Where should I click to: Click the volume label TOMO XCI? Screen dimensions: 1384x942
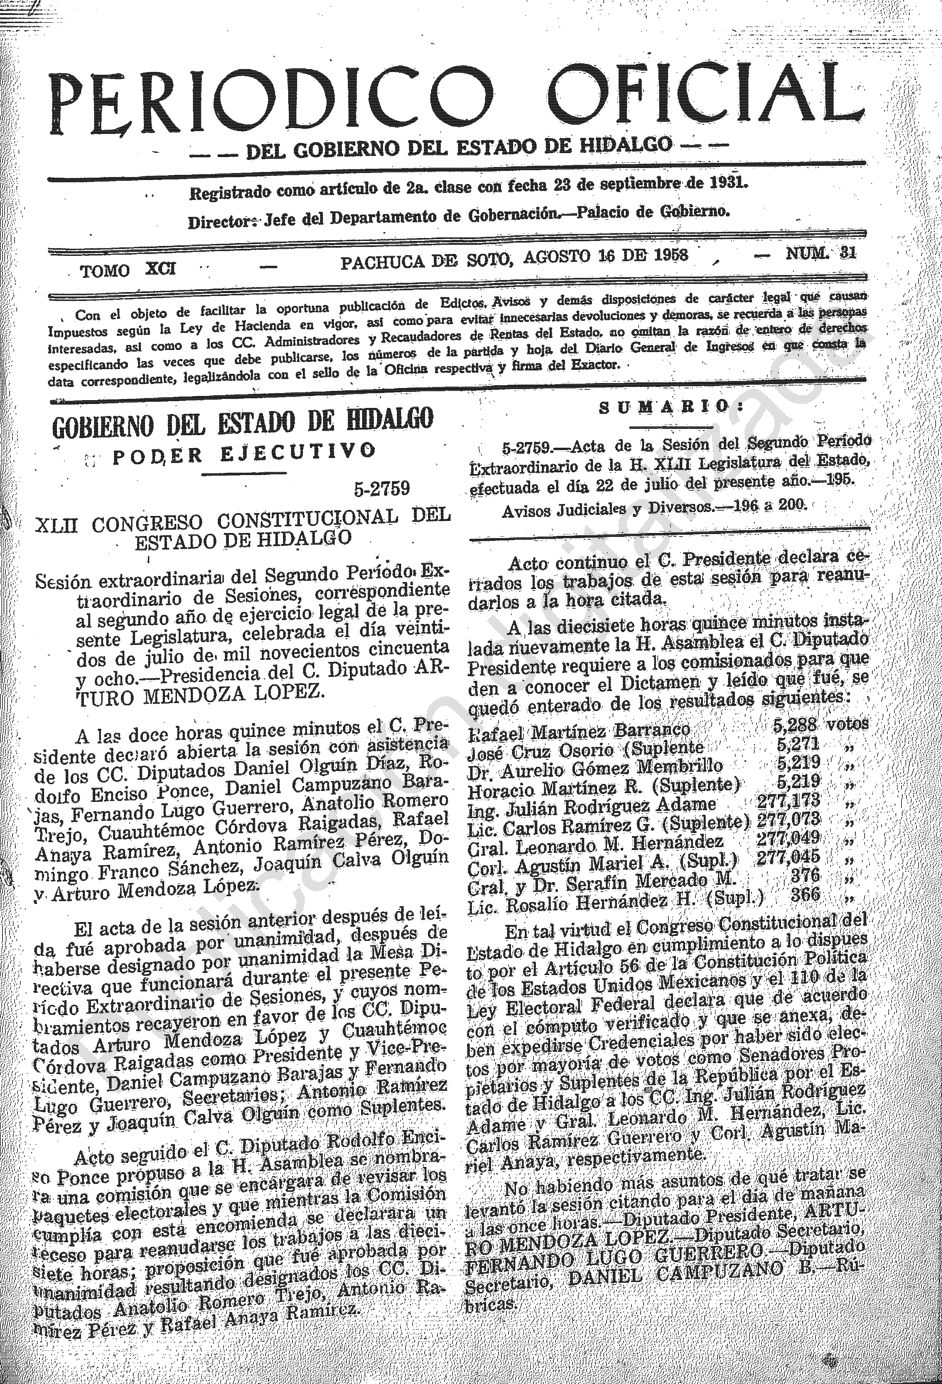click(x=128, y=270)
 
